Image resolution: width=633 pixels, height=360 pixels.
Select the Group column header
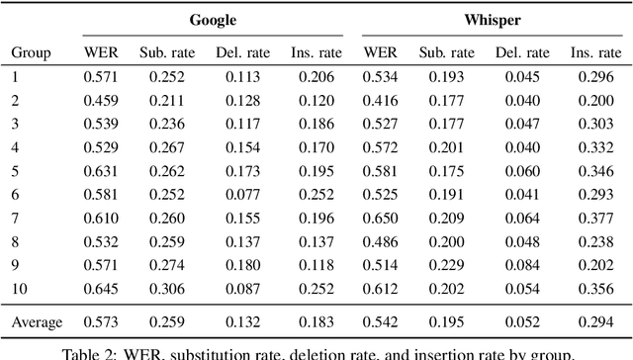(x=31, y=51)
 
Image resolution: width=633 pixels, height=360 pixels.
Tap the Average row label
(x=37, y=321)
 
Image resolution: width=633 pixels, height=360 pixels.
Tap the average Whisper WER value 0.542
(x=380, y=321)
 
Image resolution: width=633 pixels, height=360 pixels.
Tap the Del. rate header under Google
(x=235, y=51)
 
